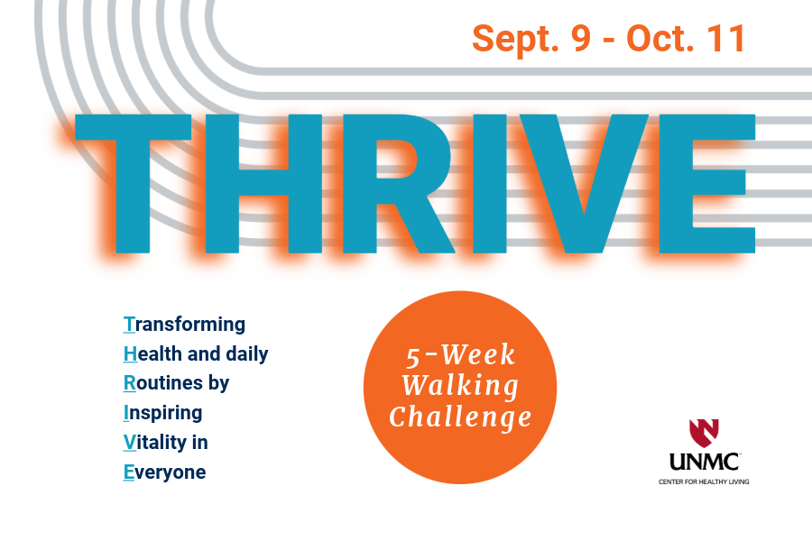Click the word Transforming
pos(184,324)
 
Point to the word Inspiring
pos(162,413)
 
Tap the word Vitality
pos(157,443)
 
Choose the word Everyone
pos(164,472)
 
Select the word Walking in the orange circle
pos(460,387)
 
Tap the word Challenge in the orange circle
pos(460,417)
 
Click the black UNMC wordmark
pos(704,463)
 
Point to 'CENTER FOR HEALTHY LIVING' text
pos(704,481)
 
